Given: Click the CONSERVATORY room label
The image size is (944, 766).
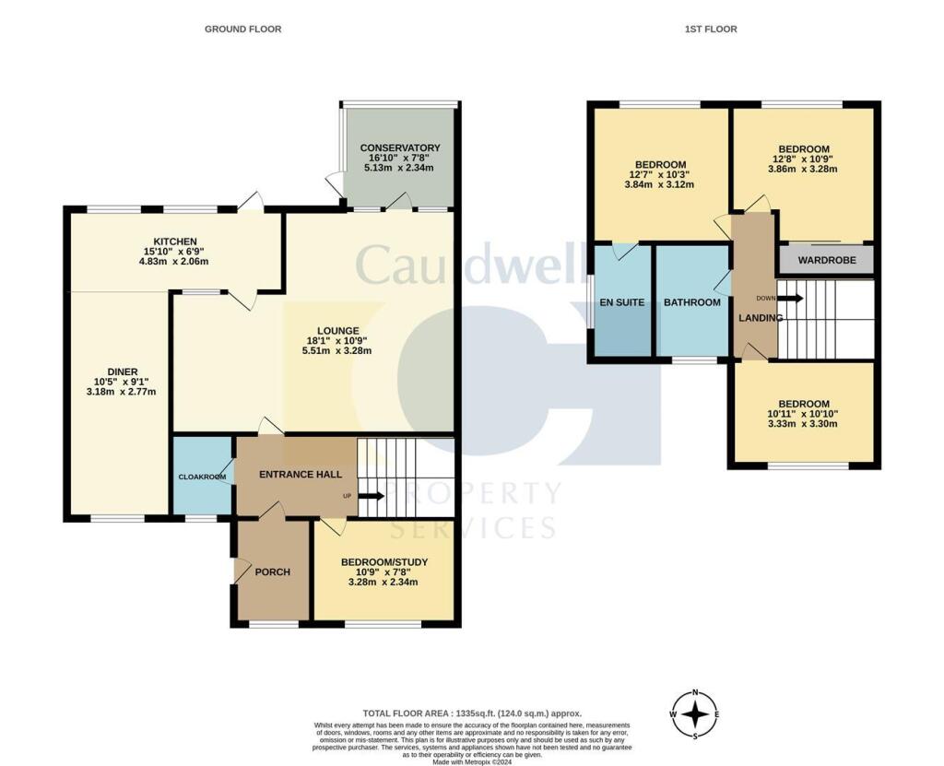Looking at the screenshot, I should click(x=399, y=147).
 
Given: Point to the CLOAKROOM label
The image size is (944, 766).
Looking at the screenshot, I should click(x=203, y=477).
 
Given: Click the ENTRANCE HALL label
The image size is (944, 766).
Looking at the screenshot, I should click(x=301, y=474).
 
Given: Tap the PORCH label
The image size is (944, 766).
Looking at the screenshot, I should click(x=272, y=572).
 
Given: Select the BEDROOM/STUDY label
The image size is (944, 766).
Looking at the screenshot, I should click(x=383, y=561).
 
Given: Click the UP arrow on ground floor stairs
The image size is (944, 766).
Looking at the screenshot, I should click(x=372, y=496).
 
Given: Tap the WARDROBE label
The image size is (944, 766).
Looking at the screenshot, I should click(x=827, y=261).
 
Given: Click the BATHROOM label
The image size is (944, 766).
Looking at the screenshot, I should click(x=691, y=301).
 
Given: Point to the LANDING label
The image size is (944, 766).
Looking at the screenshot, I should click(x=760, y=318).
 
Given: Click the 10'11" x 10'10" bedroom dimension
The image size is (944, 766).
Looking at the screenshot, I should click(x=802, y=414).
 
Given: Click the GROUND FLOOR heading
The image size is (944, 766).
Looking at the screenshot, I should click(x=242, y=29).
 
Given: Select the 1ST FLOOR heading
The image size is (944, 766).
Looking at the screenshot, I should click(x=710, y=29).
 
